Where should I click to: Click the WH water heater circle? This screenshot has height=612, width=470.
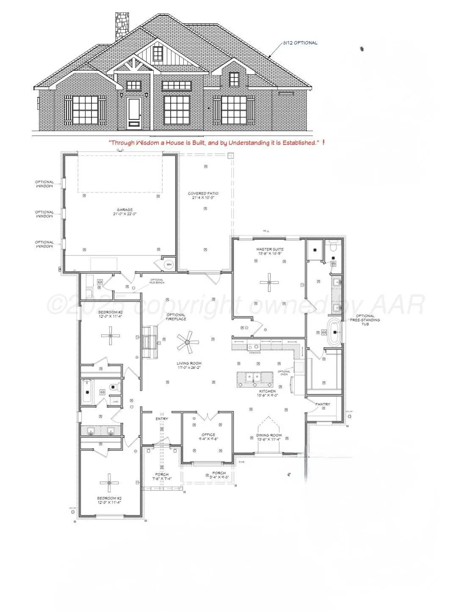[169, 265]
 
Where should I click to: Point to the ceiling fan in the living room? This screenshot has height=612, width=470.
[188, 342]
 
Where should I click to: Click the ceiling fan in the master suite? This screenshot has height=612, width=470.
[270, 282]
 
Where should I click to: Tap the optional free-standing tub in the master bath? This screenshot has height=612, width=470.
[334, 332]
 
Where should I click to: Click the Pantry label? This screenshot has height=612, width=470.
[323, 404]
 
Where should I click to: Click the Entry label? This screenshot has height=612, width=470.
[162, 419]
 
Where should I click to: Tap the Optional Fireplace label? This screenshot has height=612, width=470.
[176, 317]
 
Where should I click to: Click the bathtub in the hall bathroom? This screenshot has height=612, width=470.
[87, 391]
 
